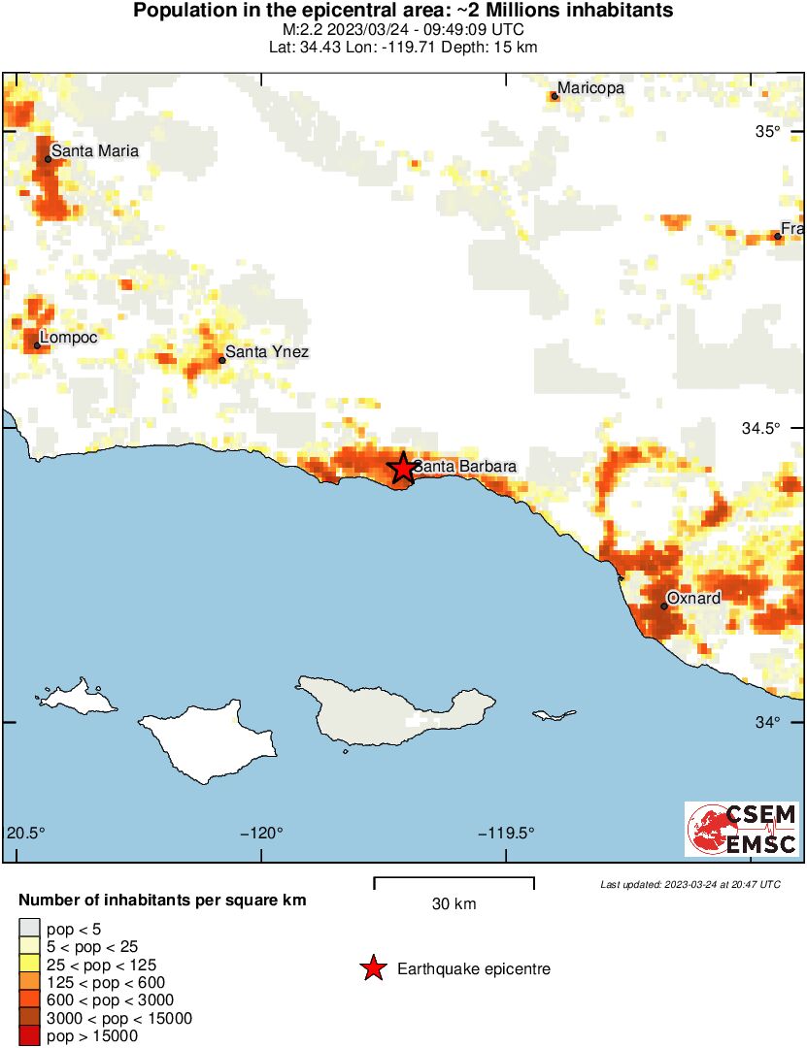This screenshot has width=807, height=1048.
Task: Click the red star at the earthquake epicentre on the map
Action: [x=402, y=468]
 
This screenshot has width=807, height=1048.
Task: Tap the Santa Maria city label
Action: [x=94, y=150]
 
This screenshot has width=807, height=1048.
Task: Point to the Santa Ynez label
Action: [x=266, y=351]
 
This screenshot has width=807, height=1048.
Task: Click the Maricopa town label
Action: [x=590, y=88]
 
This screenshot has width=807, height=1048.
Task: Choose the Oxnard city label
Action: [x=693, y=598]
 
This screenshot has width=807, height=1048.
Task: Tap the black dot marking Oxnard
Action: [x=664, y=606]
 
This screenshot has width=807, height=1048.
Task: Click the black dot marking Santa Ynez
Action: [x=221, y=360]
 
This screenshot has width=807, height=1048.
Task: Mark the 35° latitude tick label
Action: [x=769, y=132]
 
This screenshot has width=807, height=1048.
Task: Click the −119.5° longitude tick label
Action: [x=505, y=833]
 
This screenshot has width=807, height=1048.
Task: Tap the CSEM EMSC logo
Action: [x=742, y=830]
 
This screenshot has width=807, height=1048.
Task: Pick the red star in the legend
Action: [x=372, y=968]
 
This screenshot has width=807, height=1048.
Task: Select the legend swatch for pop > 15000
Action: [x=29, y=1036]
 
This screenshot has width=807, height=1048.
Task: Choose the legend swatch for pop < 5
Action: [x=29, y=928]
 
